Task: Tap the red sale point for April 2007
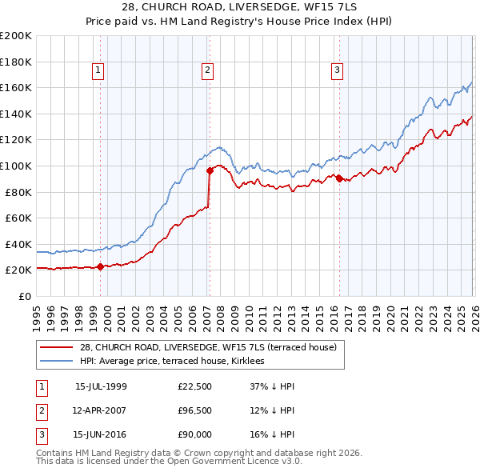[x=210, y=170]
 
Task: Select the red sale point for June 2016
[x=339, y=178]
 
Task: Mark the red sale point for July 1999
[x=100, y=267]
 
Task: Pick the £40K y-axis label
[x=18, y=244]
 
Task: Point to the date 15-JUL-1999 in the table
[x=101, y=386]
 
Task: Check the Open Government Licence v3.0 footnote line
[x=169, y=462]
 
